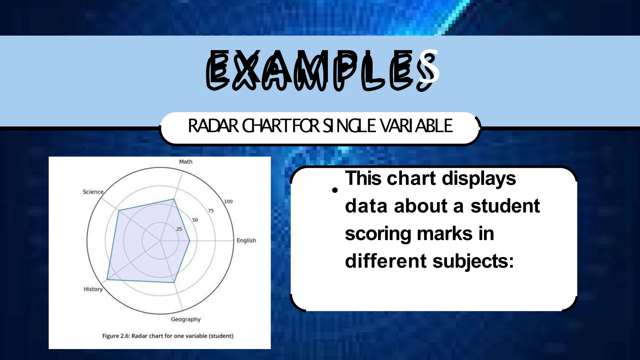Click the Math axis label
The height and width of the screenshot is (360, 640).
click(186, 162)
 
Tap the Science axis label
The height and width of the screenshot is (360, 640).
click(93, 192)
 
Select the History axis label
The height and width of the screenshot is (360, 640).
click(93, 289)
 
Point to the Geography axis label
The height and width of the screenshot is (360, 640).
click(186, 319)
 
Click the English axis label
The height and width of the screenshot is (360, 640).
click(246, 240)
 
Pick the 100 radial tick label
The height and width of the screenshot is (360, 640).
click(228, 202)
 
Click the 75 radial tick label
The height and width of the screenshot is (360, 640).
click(211, 211)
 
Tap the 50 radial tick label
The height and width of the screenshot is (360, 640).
click(195, 220)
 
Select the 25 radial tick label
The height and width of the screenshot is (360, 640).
click(179, 229)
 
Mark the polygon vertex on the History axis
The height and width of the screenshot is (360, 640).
click(107, 279)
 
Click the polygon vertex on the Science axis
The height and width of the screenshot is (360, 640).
click(118, 211)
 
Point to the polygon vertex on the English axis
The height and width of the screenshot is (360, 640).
click(190, 241)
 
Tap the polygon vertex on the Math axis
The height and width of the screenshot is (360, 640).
click(174, 199)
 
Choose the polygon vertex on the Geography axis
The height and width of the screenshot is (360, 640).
click(174, 282)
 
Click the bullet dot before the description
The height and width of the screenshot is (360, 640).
click(335, 190)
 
